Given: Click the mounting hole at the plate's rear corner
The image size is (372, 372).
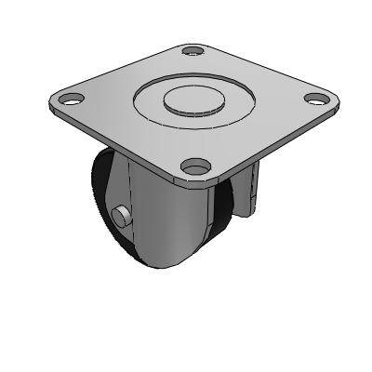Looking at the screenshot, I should coord(192,51).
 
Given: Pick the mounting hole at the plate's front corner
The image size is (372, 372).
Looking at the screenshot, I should coord(193,166).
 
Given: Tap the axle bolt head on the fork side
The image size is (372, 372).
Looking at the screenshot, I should coord(121,216).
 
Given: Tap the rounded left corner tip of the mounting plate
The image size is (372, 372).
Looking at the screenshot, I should coord(46,97).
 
